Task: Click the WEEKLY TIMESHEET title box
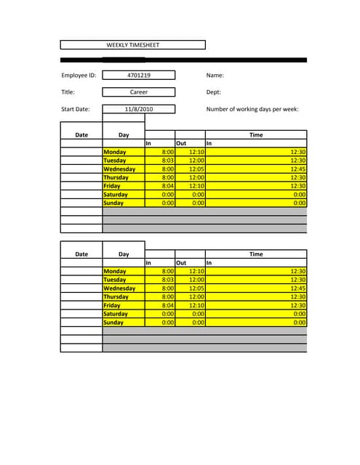132,45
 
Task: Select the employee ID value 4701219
139,75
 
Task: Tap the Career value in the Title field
139,92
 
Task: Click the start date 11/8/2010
139,110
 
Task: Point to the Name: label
215,75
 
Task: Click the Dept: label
215,92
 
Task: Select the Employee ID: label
79,75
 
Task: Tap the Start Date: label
76,110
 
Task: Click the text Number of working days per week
252,110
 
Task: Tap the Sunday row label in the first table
113,203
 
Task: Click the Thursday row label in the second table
116,297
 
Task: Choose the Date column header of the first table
81,135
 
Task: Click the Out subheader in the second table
182,263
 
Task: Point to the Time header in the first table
256,135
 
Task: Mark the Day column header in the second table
124,254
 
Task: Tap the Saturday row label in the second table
116,315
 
